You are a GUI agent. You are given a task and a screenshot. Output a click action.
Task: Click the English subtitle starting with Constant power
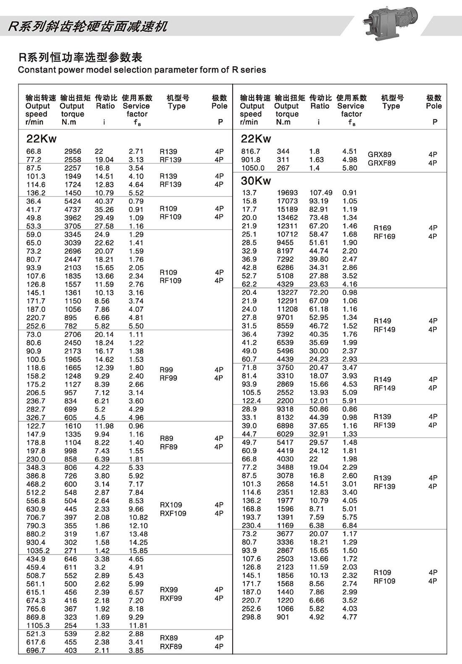(142, 70)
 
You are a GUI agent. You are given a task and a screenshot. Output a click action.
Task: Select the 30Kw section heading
(256, 181)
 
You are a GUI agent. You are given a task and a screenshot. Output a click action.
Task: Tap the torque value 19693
(287, 193)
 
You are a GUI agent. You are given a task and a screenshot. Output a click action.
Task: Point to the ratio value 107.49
(321, 193)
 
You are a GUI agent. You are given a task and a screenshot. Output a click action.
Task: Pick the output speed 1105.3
(38, 625)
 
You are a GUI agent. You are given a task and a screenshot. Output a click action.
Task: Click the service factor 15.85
(138, 550)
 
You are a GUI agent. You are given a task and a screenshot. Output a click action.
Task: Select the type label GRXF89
(381, 163)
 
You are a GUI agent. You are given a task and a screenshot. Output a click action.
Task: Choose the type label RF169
(384, 237)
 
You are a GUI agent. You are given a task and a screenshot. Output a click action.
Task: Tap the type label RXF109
(173, 513)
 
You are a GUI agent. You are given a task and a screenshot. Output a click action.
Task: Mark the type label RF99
(168, 378)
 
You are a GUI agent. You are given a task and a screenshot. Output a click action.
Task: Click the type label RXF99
(171, 598)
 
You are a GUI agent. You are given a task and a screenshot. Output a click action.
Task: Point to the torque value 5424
(73, 201)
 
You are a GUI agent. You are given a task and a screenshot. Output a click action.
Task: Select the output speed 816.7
(251, 151)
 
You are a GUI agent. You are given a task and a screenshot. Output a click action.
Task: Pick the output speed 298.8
(251, 617)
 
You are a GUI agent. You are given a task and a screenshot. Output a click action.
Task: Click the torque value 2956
(73, 151)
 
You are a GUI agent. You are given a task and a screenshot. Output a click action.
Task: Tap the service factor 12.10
(138, 526)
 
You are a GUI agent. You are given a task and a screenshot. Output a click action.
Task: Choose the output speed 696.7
(36, 650)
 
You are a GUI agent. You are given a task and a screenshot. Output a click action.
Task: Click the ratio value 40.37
(104, 201)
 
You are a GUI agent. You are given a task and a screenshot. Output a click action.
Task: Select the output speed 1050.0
(253, 168)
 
